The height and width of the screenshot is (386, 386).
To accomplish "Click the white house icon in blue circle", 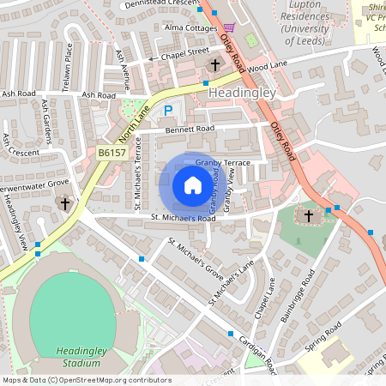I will (x=193, y=185).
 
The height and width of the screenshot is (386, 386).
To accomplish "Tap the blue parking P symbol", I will (x=169, y=110).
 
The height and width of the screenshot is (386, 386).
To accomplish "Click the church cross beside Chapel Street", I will (x=214, y=64).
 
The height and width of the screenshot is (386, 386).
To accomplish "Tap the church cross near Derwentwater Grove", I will (x=63, y=204).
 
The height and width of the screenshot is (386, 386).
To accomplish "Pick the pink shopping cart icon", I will (x=229, y=27).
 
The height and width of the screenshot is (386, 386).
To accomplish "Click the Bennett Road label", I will (x=190, y=129).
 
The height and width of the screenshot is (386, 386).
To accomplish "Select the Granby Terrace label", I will (x=221, y=162).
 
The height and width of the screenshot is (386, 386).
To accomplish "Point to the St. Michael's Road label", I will (x=184, y=219).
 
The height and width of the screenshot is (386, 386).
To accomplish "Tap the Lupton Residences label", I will (x=317, y=16).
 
